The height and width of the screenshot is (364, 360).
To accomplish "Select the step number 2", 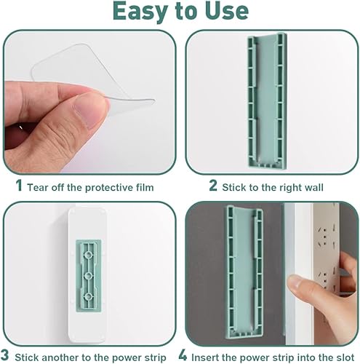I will [x=213, y=186].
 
